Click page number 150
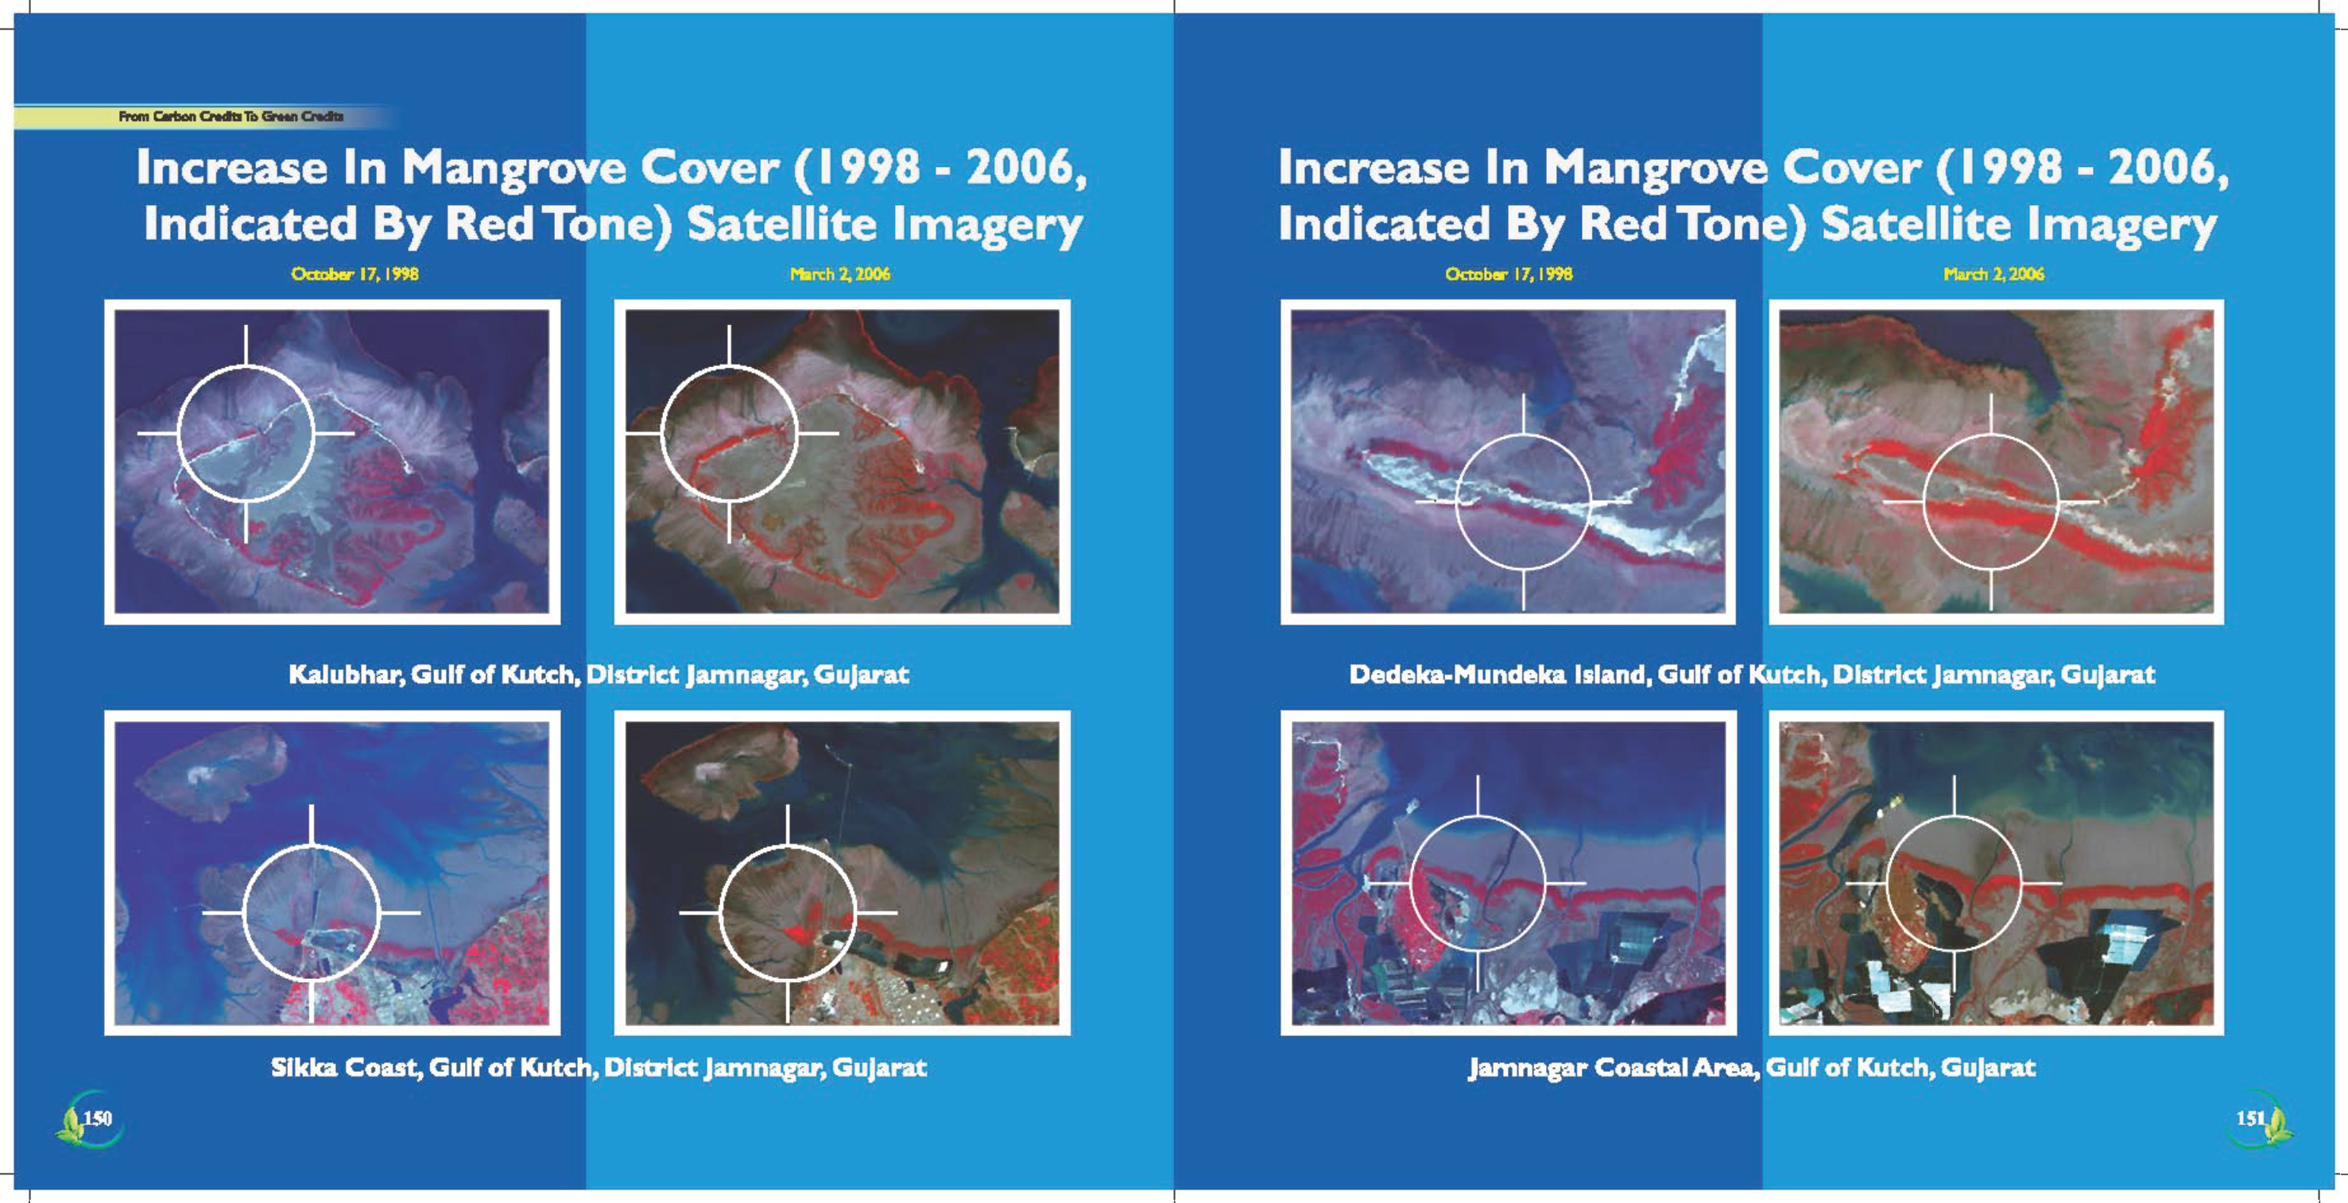coord(97,1118)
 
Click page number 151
coord(2250,1118)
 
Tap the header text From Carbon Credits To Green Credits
coord(231,117)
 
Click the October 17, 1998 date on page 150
coord(355,273)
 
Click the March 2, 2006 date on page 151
coord(1993,273)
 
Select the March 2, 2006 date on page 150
coord(839,273)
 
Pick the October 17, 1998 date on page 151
coord(1509,273)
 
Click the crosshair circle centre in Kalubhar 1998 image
coord(246,434)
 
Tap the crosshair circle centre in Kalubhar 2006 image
coord(729,434)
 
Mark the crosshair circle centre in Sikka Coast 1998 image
coord(312,912)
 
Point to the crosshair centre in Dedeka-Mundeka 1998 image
coord(1523,502)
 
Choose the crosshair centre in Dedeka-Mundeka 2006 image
coord(1990,502)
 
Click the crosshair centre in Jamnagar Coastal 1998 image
coord(1478,883)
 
